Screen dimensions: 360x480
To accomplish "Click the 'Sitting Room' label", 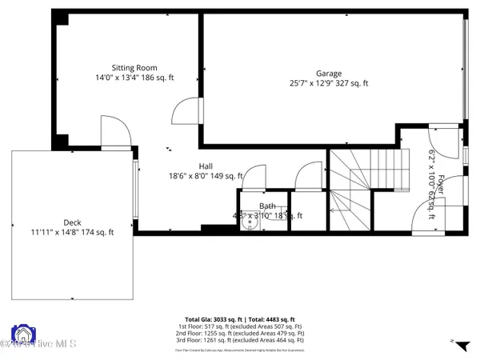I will (134, 68).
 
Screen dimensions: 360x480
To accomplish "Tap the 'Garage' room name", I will (328, 71).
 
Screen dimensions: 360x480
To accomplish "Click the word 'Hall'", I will (205, 166).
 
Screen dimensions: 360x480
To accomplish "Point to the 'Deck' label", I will (72, 222).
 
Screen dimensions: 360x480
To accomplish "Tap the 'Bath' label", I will (266, 206).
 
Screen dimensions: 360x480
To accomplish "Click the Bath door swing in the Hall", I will (254, 177).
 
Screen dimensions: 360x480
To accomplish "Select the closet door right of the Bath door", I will (306, 177).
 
